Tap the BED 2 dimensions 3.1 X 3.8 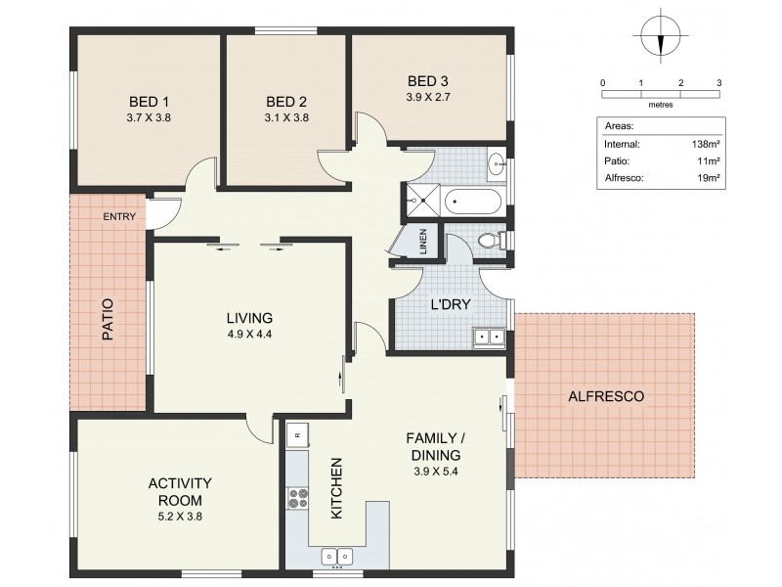click(x=286, y=117)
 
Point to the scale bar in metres click(x=661, y=94)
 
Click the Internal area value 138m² click(x=705, y=143)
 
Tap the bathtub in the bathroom click(x=474, y=203)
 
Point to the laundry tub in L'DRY click(x=488, y=338)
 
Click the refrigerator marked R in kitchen click(x=297, y=432)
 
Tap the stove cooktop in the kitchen click(x=297, y=500)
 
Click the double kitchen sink click(x=339, y=557)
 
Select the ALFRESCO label click(x=605, y=396)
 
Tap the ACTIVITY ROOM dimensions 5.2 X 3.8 click(x=181, y=516)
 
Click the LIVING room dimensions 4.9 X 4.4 click(x=249, y=335)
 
